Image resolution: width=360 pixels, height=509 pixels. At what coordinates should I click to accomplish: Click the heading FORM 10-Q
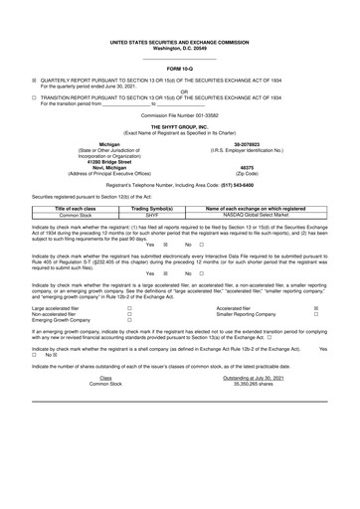[x=180, y=68]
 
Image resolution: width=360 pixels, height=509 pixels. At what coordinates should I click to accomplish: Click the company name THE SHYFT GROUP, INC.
[x=180, y=126]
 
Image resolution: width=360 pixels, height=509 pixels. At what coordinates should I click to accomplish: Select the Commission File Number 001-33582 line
[x=180, y=115]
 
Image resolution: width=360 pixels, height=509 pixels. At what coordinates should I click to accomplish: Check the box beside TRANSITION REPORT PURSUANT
[x=34, y=98]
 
